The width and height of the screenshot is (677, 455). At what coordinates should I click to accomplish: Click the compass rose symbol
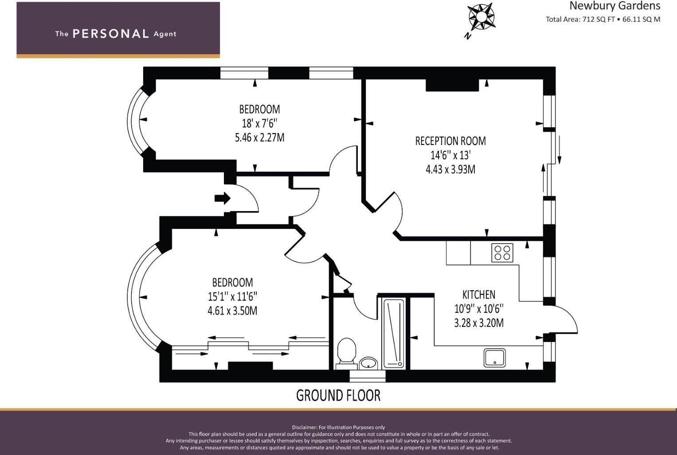[481, 17]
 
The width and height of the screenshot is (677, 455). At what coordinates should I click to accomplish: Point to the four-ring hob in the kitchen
[502, 253]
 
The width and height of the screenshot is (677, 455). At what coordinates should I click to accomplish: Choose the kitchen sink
[495, 358]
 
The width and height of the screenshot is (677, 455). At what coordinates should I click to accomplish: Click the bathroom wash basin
[368, 363]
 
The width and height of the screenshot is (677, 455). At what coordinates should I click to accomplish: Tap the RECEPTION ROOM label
[450, 141]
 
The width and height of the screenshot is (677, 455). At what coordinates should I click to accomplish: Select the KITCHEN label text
[479, 294]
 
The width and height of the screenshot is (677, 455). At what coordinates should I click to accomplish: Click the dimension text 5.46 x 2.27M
[260, 137]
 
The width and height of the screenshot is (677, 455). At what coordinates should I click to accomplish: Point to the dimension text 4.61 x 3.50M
[232, 310]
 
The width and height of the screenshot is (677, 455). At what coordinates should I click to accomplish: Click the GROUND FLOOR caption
[338, 395]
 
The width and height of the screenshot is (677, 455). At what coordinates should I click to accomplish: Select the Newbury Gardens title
[614, 6]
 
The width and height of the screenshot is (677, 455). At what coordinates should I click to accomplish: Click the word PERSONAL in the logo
[111, 34]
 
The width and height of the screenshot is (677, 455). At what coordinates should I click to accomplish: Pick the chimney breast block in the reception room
[452, 85]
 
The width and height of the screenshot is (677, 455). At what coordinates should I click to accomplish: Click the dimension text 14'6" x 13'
[450, 155]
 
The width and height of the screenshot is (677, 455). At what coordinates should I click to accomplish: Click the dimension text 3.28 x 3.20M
[479, 323]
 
